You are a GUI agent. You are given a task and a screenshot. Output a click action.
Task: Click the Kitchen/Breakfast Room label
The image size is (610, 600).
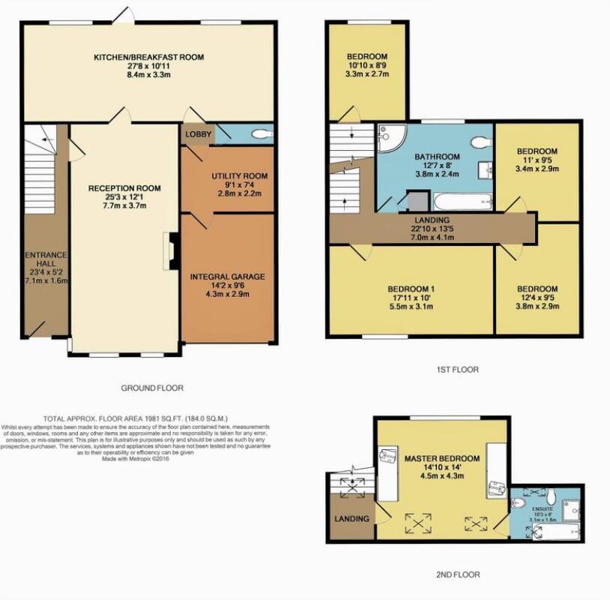click(148, 57)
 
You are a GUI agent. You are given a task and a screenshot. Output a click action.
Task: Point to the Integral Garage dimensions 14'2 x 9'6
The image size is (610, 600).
click(227, 285)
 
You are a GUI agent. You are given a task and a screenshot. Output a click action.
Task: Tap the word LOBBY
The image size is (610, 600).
click(198, 135)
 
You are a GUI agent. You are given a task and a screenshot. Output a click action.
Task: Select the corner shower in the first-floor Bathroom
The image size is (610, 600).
click(390, 136)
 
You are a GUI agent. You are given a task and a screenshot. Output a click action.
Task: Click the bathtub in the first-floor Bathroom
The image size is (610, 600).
click(462, 201)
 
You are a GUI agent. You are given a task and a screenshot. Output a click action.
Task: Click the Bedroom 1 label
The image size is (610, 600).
click(411, 289)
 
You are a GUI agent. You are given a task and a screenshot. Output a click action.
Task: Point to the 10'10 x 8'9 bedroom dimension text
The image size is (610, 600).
click(366, 67)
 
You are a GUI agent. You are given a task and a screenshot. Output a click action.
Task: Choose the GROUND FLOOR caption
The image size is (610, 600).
click(152, 388)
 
